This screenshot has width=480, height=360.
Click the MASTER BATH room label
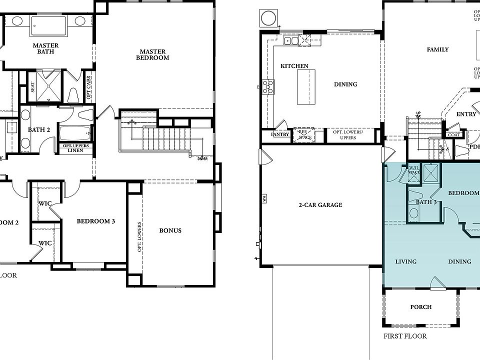coord(45,48)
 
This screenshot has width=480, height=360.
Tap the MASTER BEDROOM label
coord(154,54)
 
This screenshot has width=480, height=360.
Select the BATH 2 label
coord(39,129)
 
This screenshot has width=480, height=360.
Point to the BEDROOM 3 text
coord(96,221)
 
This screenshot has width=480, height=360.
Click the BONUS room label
coord(170,230)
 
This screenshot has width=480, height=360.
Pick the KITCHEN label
coord(294,66)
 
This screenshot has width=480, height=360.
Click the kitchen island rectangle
coord(306,87)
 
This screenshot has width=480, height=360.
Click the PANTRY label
coord(279,134)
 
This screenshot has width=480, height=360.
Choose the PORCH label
coord(420,307)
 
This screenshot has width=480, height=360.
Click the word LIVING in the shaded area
coord(405,261)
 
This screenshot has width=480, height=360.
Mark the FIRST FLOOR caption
coord(405,336)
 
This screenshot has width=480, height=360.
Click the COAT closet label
coord(453,134)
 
